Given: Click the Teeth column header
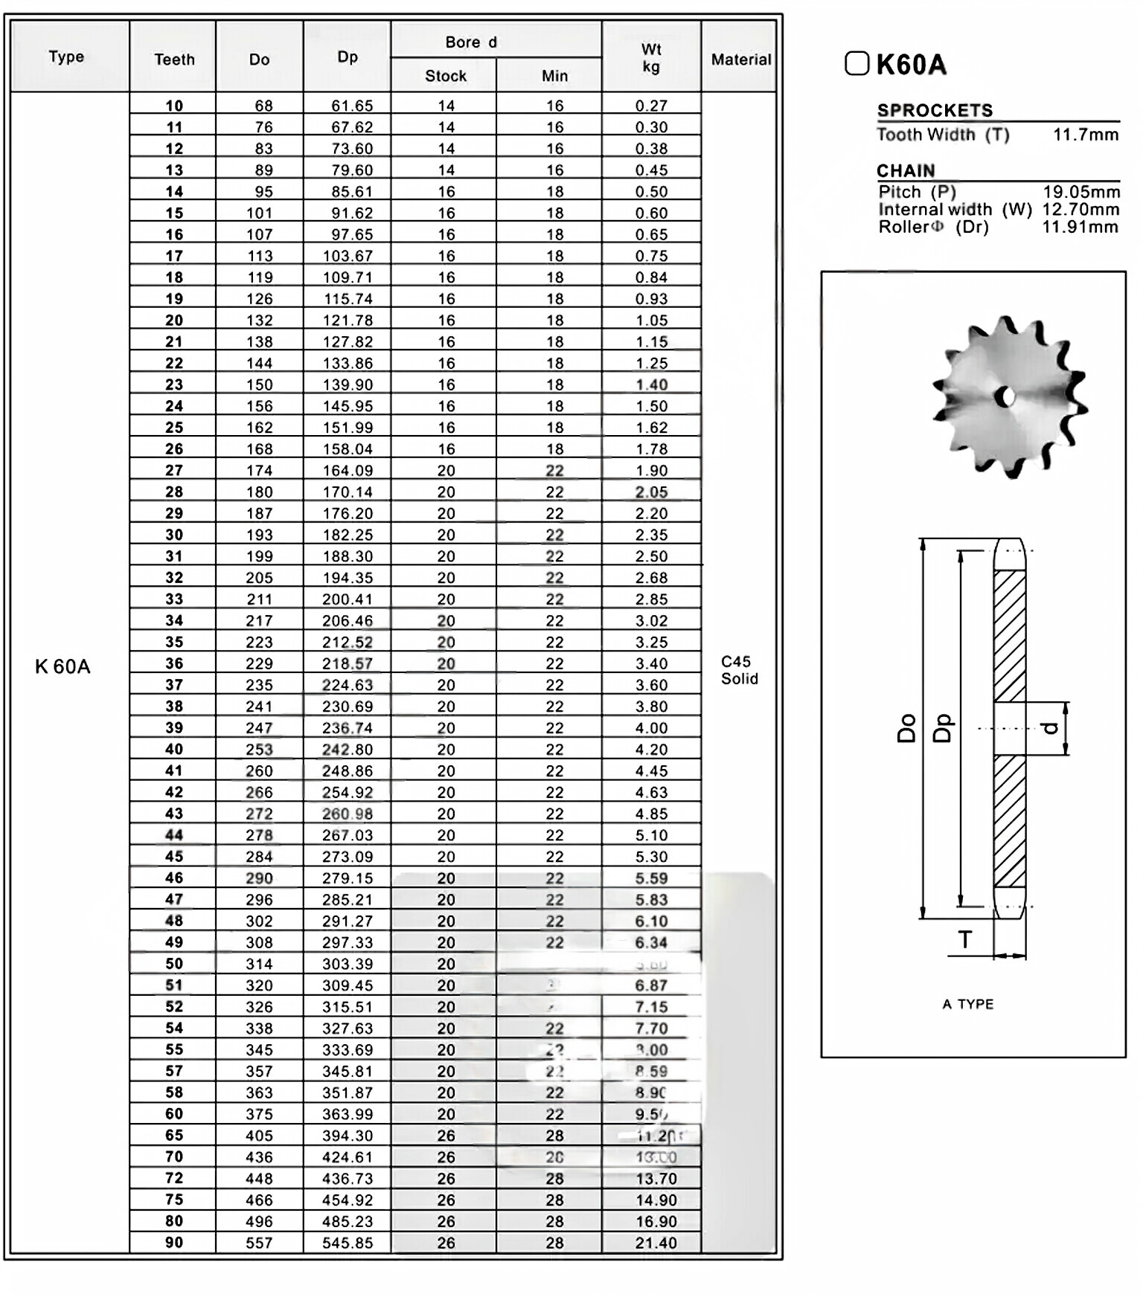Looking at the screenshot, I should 174,59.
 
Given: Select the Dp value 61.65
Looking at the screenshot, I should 351,106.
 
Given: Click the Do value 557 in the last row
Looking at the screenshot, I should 259,1243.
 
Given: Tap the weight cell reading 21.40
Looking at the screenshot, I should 656,1243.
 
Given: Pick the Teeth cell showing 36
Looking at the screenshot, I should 174,663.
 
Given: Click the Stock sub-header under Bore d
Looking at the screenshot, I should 445,76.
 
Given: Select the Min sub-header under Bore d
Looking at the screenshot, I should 554,76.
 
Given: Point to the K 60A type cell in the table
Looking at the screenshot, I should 63,666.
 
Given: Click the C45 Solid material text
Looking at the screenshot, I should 739,670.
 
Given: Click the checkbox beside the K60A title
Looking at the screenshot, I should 857,63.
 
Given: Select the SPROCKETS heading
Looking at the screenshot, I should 935,110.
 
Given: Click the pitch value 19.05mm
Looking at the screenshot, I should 1080,192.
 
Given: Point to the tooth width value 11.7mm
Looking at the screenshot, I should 1086,135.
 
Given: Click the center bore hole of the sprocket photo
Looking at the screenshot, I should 1008,397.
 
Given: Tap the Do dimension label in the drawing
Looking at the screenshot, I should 906,728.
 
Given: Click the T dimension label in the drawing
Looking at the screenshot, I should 965,939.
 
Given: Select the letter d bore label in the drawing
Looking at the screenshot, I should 1051,728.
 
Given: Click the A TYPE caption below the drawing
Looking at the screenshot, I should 967,1004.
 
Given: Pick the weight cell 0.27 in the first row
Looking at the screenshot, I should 651,106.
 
